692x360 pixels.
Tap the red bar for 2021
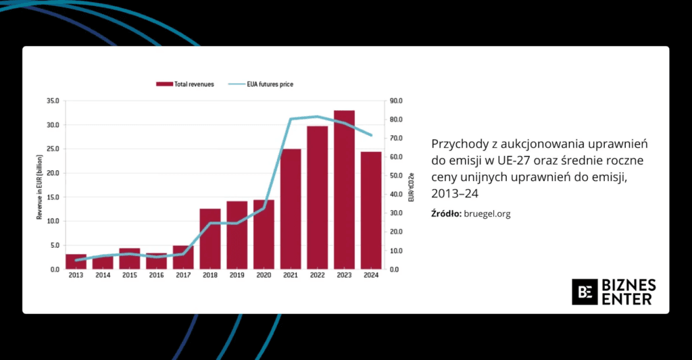pos(291,209)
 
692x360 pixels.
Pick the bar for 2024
pos(371,210)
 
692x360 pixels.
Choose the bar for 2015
pos(130,259)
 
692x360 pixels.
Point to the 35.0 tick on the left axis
pos(53,101)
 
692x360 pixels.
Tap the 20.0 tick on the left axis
pos(53,173)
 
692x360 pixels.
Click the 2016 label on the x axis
pos(156,276)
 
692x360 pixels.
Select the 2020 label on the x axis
pos(264,276)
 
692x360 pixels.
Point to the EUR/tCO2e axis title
pos(410,184)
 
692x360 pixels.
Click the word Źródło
pos(446,214)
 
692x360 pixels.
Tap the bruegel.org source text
pos(487,214)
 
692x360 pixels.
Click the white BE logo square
pos(585,292)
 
